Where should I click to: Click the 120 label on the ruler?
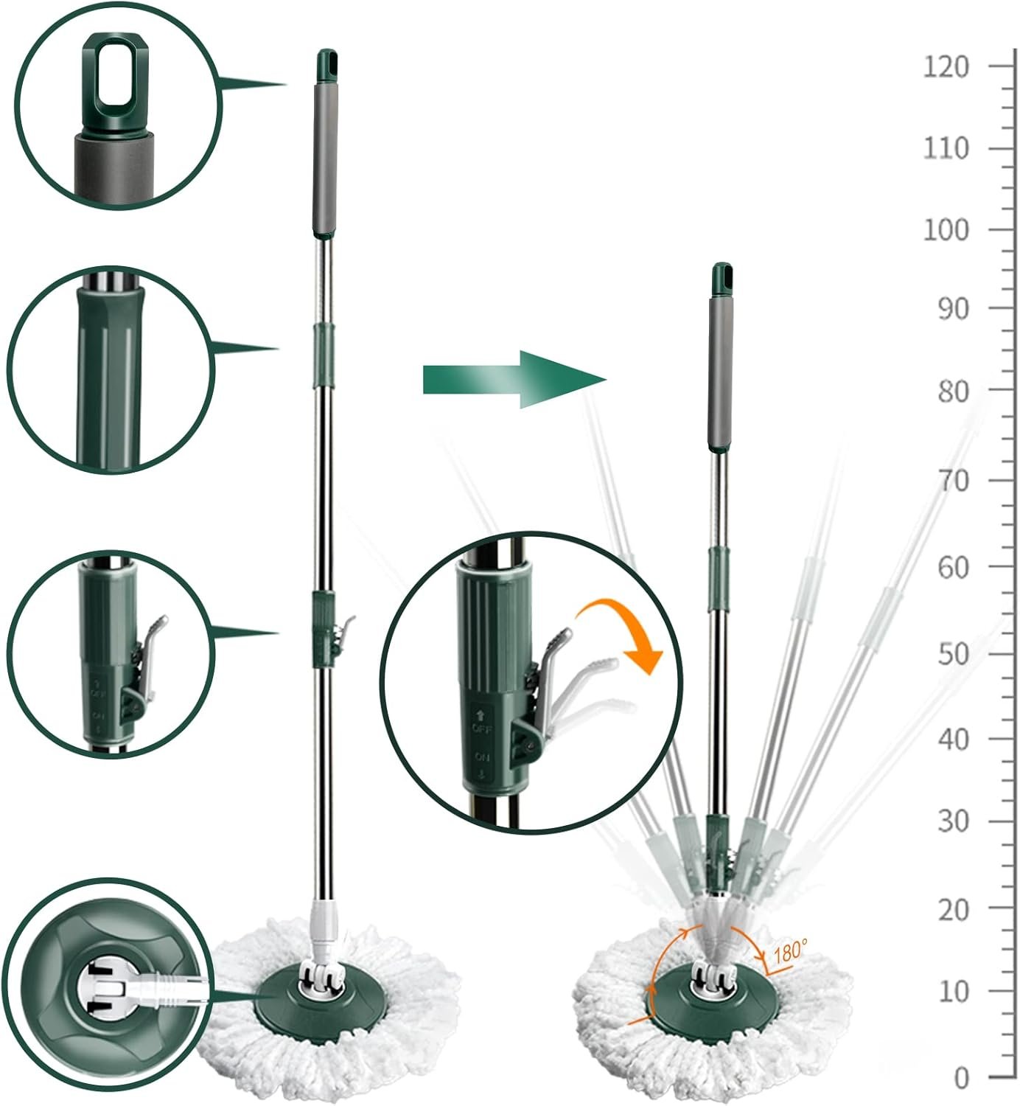click(946, 67)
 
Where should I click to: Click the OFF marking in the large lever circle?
click(481, 728)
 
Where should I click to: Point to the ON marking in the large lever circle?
click(482, 757)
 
